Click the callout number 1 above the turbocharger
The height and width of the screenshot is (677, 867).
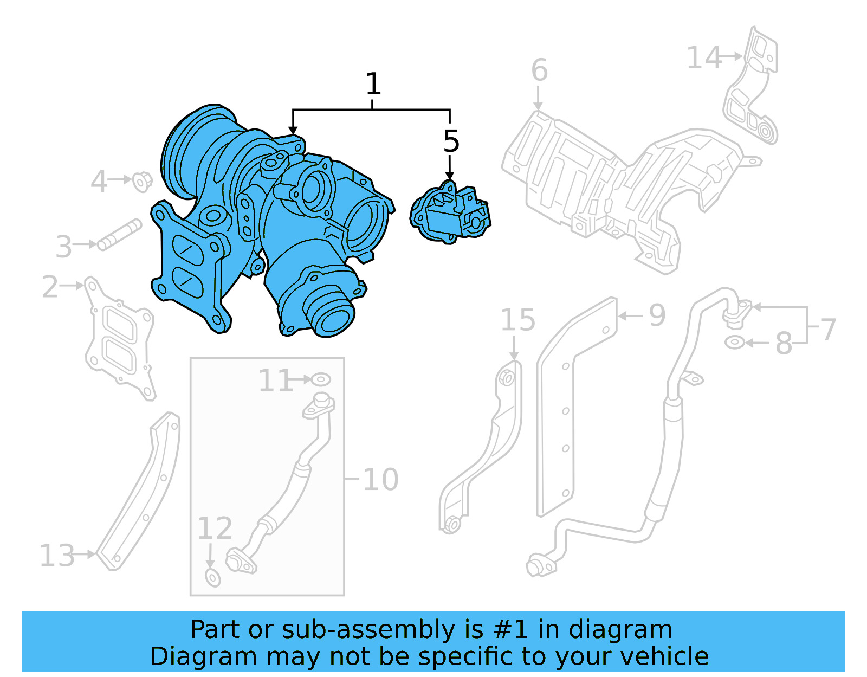coord(373,84)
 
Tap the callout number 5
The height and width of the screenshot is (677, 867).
coord(451,141)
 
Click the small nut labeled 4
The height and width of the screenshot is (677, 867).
coord(142,182)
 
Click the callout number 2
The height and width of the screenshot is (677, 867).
coord(50,287)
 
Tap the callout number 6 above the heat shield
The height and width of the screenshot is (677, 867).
coord(539,70)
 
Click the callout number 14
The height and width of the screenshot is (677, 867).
coord(703,57)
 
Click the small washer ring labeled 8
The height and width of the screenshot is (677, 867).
coord(734,343)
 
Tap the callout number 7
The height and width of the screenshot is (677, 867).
coord(828,330)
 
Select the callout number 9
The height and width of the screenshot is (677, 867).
coord(657,315)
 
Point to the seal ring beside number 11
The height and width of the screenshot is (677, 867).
coord(321,379)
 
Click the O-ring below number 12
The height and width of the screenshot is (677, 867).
coord(213,578)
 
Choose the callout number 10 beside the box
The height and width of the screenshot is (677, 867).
coord(380,480)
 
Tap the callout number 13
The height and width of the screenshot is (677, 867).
coord(57,556)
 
